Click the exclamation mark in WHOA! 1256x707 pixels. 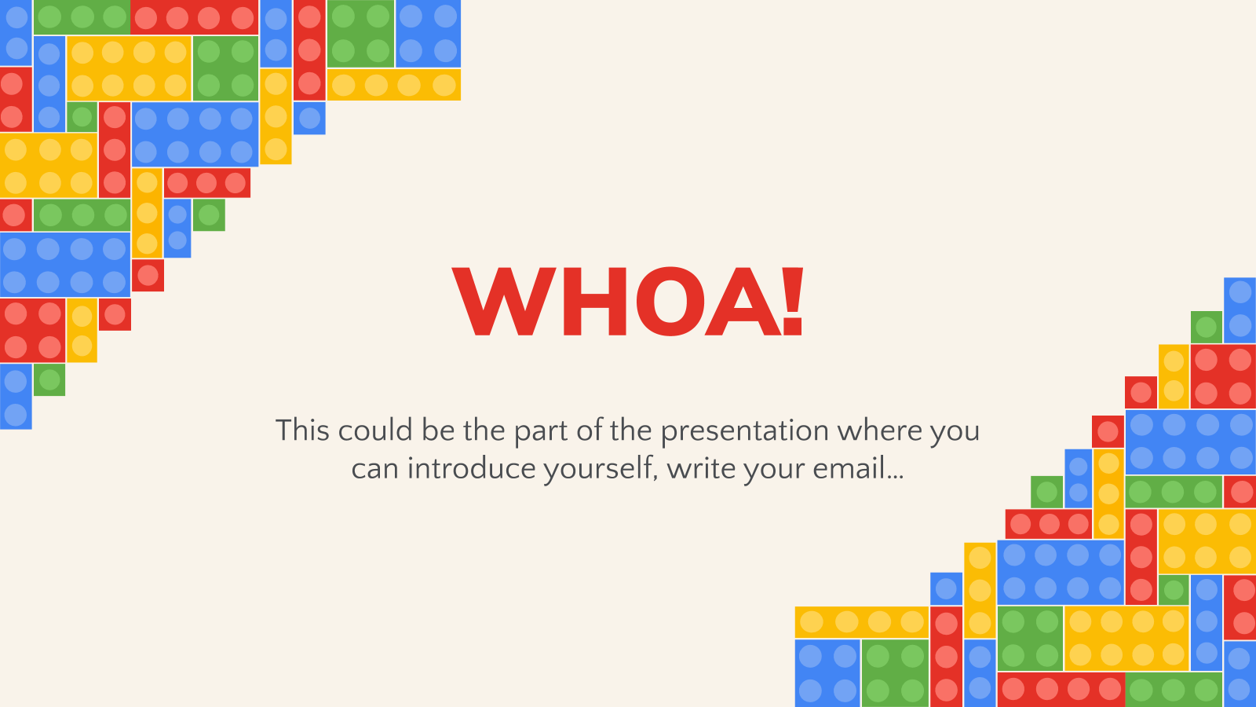pyautogui.click(x=793, y=302)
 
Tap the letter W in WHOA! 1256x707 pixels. pyautogui.click(x=504, y=302)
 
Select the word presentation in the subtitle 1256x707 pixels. pyautogui.click(x=744, y=431)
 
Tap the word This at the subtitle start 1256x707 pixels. pyautogui.click(x=302, y=430)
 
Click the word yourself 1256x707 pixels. pyautogui.click(x=601, y=469)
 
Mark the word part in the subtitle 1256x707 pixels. pyautogui.click(x=539, y=431)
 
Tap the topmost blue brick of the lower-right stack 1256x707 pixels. pyautogui.click(x=1240, y=310)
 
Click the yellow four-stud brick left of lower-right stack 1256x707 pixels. pyautogui.click(x=862, y=621)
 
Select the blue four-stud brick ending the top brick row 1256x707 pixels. pyautogui.click(x=428, y=34)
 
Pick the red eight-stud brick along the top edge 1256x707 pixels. pyautogui.click(x=194, y=16)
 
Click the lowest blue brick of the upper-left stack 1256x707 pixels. pyautogui.click(x=16, y=397)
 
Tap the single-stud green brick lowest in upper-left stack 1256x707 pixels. pyautogui.click(x=49, y=380)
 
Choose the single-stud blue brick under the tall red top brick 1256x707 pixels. pyautogui.click(x=309, y=118)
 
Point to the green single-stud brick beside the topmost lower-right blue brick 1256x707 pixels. pyautogui.click(x=1206, y=327)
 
